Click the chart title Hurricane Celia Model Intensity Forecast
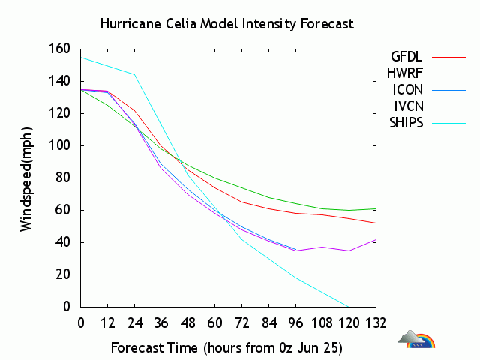point(227,24)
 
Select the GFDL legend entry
point(406,56)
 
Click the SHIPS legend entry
point(406,122)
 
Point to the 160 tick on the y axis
point(59,49)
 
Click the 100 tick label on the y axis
point(59,145)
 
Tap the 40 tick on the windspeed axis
point(62,242)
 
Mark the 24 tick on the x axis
point(134,322)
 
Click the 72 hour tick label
point(241,322)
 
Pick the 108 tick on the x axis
point(322,322)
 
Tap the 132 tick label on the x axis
point(376,322)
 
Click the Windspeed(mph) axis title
point(27,178)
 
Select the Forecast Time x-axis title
point(227,348)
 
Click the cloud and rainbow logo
point(416,340)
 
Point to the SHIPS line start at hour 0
point(81,57)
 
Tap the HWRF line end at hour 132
point(376,208)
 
